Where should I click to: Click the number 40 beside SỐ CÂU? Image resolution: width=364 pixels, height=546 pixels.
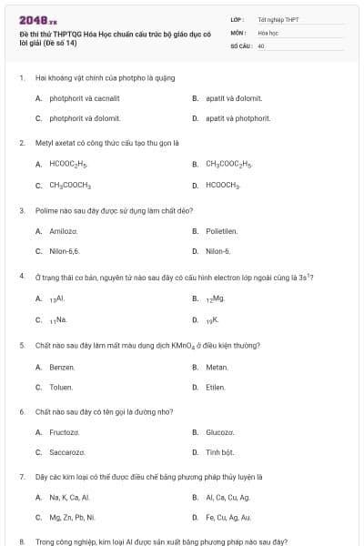tap(261, 45)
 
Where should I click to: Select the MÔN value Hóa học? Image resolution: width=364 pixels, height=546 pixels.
tap(268, 32)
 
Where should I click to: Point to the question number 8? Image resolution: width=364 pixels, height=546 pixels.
tap(21, 541)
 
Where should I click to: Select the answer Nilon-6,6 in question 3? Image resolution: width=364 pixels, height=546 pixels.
tap(65, 251)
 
